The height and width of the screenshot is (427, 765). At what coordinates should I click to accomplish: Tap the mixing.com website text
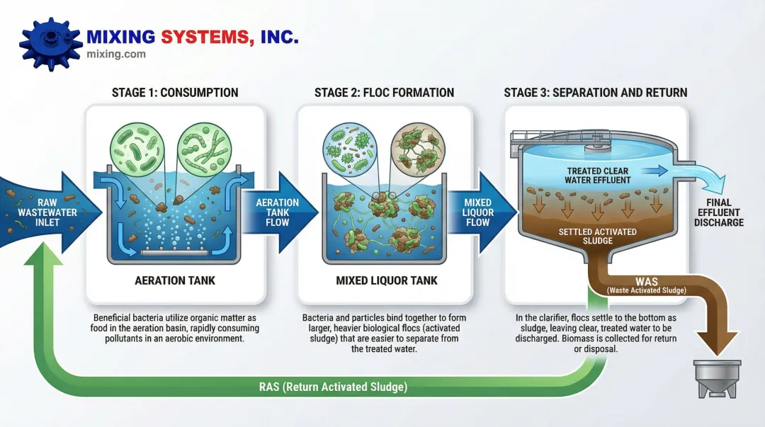[115, 54]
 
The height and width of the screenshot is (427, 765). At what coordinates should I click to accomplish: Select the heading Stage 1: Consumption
[175, 93]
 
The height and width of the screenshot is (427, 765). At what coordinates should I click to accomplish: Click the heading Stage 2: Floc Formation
[385, 93]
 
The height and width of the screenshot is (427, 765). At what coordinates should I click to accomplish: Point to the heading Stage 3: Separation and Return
[595, 93]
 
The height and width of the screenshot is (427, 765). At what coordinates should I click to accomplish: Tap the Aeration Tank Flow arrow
[278, 212]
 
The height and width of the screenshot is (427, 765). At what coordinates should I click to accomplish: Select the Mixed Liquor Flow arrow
[478, 212]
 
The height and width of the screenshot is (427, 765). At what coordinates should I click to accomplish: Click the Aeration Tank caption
[175, 280]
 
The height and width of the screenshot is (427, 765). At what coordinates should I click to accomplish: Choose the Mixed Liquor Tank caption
[387, 280]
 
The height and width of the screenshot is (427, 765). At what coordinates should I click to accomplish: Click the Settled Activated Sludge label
[597, 237]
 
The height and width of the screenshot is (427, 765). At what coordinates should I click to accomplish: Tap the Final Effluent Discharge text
[719, 212]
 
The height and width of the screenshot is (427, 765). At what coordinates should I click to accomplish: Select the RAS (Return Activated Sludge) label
[333, 387]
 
